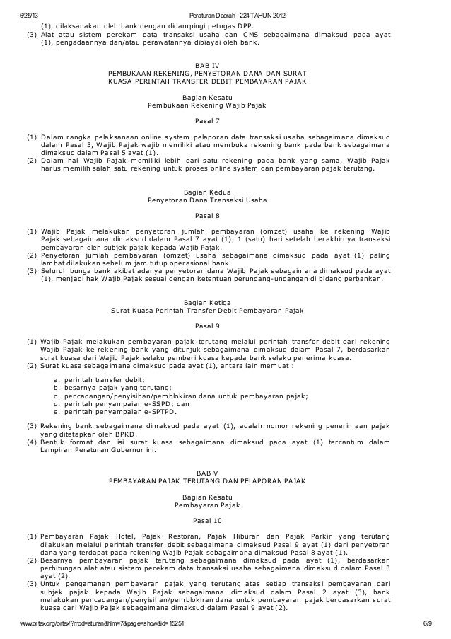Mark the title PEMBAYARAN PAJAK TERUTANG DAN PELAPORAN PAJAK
coord(206,481)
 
